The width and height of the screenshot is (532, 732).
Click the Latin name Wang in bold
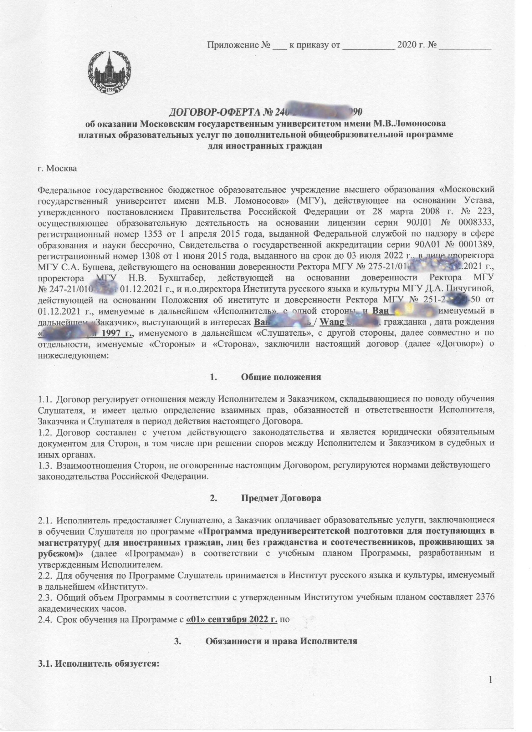(x=331, y=323)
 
